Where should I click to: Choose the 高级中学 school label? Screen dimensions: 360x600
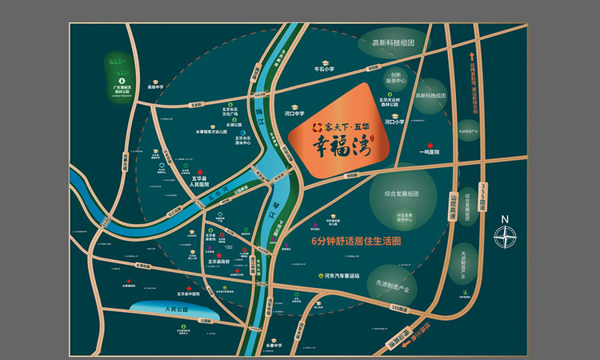155,86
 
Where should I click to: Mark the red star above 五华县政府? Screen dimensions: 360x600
219,253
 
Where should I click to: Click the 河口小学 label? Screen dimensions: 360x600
396,122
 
